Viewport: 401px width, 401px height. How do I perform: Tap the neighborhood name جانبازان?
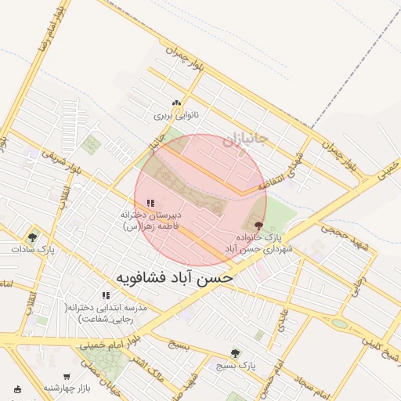click(x=245, y=141)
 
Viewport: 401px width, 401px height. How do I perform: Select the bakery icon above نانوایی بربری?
click(x=177, y=103)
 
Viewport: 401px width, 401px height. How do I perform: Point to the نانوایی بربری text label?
click(x=176, y=115)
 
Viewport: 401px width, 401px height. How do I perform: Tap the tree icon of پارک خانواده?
click(x=259, y=226)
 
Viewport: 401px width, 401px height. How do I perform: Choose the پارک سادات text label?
click(x=34, y=249)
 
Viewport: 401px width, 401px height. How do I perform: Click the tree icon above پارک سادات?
click(x=32, y=237)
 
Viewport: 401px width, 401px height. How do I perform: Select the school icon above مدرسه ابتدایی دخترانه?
click(x=106, y=295)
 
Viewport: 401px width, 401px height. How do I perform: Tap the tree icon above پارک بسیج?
click(x=236, y=353)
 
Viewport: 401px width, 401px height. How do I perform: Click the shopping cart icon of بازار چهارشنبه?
click(x=18, y=388)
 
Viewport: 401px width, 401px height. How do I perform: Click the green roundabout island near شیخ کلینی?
click(x=339, y=323)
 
